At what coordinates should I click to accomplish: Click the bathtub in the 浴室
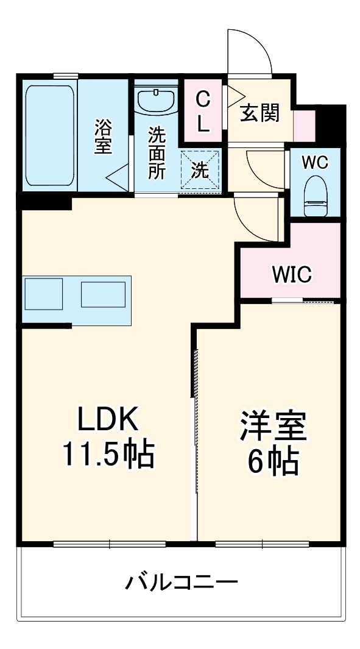[51, 135]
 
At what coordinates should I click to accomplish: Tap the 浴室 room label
[104, 137]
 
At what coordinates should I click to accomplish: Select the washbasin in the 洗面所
[156, 100]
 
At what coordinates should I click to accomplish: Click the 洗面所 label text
[157, 152]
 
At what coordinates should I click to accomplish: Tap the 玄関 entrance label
[259, 112]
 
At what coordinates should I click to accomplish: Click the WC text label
[315, 163]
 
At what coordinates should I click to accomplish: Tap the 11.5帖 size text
[108, 455]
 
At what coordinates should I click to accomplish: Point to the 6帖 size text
[272, 462]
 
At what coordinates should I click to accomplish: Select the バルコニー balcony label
[182, 583]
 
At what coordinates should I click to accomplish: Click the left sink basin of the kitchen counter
[43, 294]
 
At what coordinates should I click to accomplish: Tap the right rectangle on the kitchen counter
[103, 294]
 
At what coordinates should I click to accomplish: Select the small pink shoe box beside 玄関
[304, 126]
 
